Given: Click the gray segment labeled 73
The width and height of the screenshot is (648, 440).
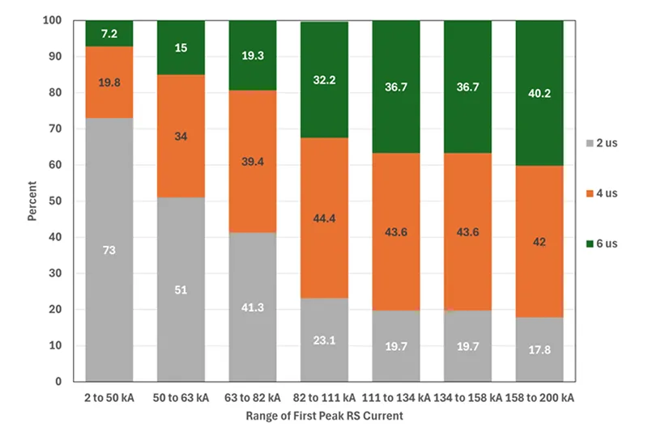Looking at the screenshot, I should pyautogui.click(x=109, y=250).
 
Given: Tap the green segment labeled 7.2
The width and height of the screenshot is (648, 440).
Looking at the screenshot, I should pyautogui.click(x=109, y=33).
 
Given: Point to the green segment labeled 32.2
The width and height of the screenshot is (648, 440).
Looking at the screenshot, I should pyautogui.click(x=324, y=80).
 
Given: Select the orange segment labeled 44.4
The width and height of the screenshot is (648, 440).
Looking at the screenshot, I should pyautogui.click(x=324, y=218).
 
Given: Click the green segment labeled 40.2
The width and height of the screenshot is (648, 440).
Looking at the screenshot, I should pyautogui.click(x=539, y=93).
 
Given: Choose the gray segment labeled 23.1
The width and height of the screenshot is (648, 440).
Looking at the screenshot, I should pyautogui.click(x=324, y=340).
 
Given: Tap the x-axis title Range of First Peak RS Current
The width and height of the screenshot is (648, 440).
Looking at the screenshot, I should pyautogui.click(x=325, y=417).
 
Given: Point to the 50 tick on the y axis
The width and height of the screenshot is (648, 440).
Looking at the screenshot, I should pyautogui.click(x=58, y=201).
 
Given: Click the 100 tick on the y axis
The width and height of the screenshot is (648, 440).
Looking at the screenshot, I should pyautogui.click(x=55, y=21).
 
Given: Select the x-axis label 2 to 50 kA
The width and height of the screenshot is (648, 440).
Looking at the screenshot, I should pyautogui.click(x=109, y=398).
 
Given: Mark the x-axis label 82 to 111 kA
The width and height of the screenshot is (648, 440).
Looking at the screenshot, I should pyautogui.click(x=324, y=398).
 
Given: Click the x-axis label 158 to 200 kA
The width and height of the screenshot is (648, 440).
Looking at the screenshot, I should pyautogui.click(x=539, y=398).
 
